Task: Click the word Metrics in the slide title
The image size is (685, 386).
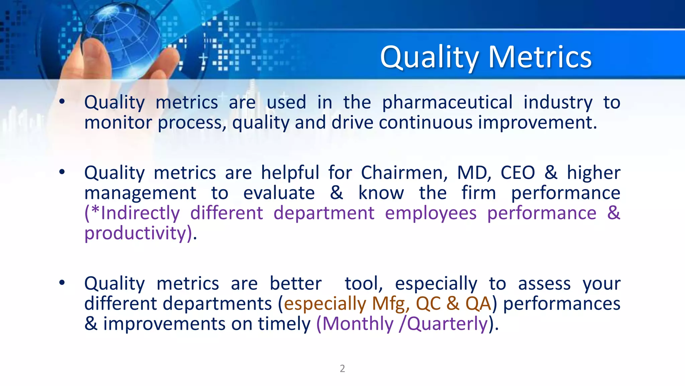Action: (x=540, y=57)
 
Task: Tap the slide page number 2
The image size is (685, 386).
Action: (x=342, y=368)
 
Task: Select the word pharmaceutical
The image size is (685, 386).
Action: (x=447, y=102)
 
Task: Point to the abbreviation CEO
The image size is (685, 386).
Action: (x=517, y=173)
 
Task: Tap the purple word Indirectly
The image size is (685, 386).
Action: (x=140, y=213)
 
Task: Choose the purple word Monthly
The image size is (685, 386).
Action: (x=358, y=324)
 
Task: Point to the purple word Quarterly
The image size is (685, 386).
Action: (x=447, y=324)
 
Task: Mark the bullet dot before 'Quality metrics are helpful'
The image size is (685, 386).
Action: (x=62, y=172)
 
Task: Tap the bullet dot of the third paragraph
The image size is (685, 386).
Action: (x=62, y=283)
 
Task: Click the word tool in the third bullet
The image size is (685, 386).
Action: (x=363, y=283)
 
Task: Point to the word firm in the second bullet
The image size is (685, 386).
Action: (x=478, y=193)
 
